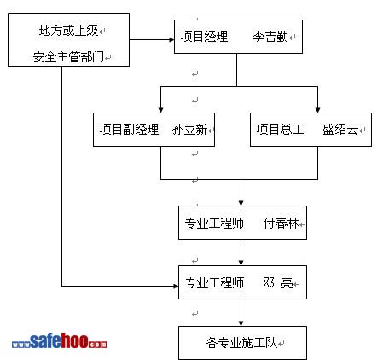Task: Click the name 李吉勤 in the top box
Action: pos(270,37)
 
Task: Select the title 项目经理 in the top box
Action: pos(204,37)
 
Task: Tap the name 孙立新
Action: pos(189,130)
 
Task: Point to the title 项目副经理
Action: pos(129,130)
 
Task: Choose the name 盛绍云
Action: pos(340,130)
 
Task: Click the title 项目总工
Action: pos(280,130)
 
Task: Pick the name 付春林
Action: pos(281,224)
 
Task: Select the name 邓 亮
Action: pos(278,283)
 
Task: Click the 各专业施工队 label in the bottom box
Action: pos(241,343)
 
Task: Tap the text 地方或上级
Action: pos(68,31)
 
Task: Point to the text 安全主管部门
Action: pos(68,57)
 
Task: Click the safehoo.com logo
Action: pos(59,340)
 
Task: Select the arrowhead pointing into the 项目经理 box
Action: pos(171,39)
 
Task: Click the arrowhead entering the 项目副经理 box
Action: pos(160,110)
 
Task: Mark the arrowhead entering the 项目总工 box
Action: pos(317,110)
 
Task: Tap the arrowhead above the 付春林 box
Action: pos(241,203)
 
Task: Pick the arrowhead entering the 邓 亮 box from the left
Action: pos(176,286)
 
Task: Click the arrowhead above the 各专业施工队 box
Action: pos(241,323)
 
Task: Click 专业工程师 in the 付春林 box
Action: pos(214,224)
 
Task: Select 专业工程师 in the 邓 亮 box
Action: pos(214,283)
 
